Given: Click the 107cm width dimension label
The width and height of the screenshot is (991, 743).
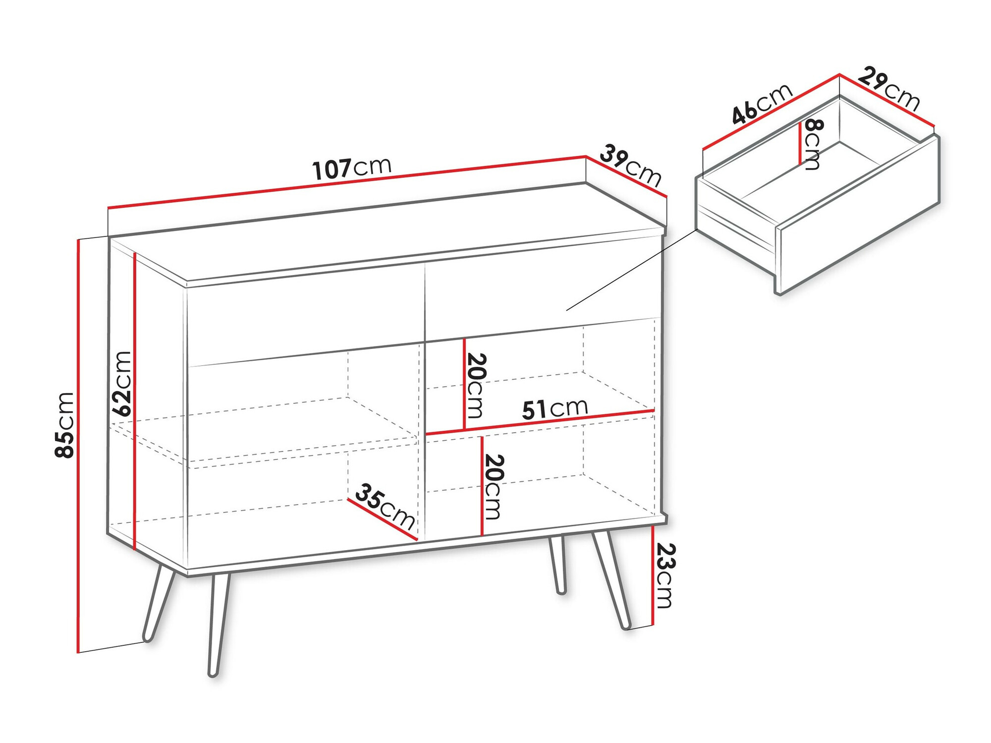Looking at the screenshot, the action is pos(352,168).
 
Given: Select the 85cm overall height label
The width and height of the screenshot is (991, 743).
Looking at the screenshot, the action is pos(65,425).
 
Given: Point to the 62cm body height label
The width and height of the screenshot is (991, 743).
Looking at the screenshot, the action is pos(122,383).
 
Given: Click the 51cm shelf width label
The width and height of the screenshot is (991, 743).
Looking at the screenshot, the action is pos(555,409).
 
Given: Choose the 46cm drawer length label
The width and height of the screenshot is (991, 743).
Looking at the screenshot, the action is pos(762,103).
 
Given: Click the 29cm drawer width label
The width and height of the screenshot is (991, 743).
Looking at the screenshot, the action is pos(889,90).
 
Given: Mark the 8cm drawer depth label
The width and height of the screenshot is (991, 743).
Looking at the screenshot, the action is pos(813,144).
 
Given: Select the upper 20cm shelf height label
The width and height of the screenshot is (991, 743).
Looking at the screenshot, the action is pos(476,386).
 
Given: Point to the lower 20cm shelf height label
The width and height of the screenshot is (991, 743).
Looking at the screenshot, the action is pos(494,487).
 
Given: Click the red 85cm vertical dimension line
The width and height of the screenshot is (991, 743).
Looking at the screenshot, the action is pos(78,446).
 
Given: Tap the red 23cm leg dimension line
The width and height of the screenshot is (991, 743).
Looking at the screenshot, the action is pos(653,575).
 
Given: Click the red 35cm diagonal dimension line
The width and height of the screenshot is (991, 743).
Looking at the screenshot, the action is pos(383,519).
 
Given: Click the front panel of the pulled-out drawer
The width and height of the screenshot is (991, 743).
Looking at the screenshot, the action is pos(859,215).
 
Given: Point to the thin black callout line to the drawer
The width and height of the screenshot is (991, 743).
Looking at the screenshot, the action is pos(632,270).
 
